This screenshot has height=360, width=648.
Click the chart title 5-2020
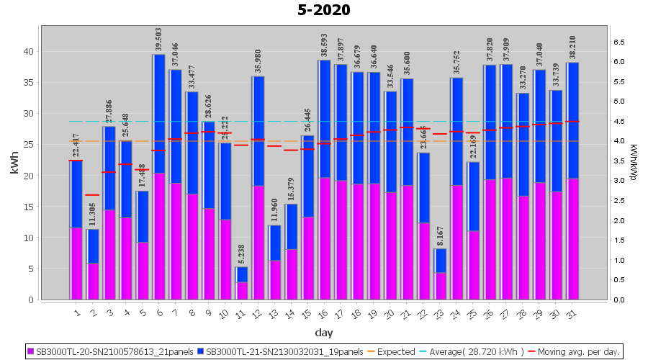(x=324, y=10)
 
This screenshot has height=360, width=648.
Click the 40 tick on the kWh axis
(x=27, y=51)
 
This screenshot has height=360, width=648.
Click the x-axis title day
(x=323, y=333)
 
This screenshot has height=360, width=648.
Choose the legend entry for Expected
(x=393, y=352)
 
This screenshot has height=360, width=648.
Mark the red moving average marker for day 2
(x=93, y=195)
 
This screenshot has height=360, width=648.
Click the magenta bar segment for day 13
(x=275, y=280)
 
